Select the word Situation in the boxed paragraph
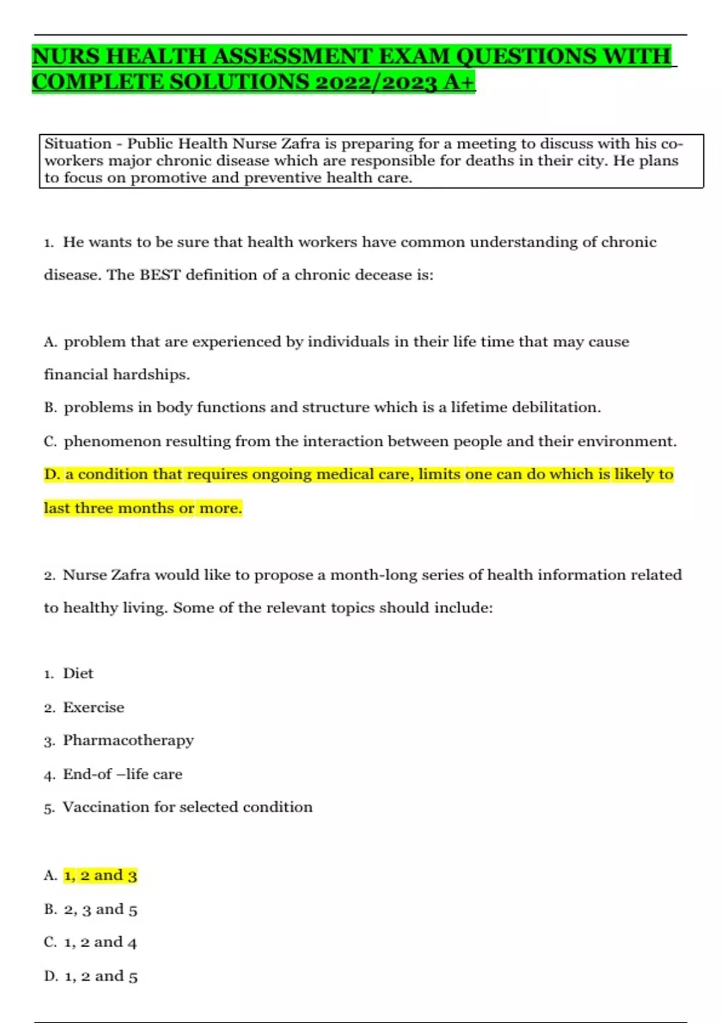click(x=78, y=144)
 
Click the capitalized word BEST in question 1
click(x=160, y=275)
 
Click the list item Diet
click(x=78, y=673)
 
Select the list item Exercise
click(x=94, y=708)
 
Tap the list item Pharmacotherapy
click(x=128, y=741)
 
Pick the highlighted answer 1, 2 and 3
click(x=100, y=876)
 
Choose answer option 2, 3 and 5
click(x=100, y=909)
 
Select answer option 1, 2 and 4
click(x=100, y=942)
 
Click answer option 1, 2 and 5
click(x=100, y=976)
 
